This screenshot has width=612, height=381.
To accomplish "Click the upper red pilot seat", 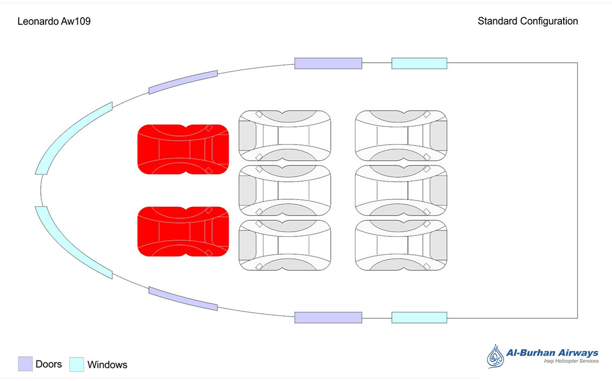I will click(183, 149).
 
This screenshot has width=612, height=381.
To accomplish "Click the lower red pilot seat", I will click(183, 231).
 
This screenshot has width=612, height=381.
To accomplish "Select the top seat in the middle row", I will click(285, 135).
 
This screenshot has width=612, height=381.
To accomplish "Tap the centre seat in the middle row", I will click(285, 190).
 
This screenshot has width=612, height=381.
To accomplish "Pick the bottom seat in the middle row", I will click(285, 245).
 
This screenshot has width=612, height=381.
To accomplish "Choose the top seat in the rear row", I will click(401, 135).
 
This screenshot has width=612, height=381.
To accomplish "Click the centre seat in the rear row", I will click(401, 190).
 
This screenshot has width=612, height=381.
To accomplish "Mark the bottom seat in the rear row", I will click(401, 245).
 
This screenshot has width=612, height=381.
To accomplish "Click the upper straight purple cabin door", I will click(328, 63).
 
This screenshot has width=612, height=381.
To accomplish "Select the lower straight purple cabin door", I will click(328, 317).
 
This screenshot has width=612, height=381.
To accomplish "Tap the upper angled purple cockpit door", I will click(183, 82).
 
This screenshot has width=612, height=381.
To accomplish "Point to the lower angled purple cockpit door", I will click(183, 299).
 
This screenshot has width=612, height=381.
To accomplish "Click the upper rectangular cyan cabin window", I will click(419, 63).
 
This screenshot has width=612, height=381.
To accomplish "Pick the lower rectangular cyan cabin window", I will click(419, 317).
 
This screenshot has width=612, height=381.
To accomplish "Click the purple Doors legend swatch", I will click(25, 364).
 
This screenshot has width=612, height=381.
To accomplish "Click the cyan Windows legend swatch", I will click(77, 364).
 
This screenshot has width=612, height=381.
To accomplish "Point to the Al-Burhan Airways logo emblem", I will click(495, 357).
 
